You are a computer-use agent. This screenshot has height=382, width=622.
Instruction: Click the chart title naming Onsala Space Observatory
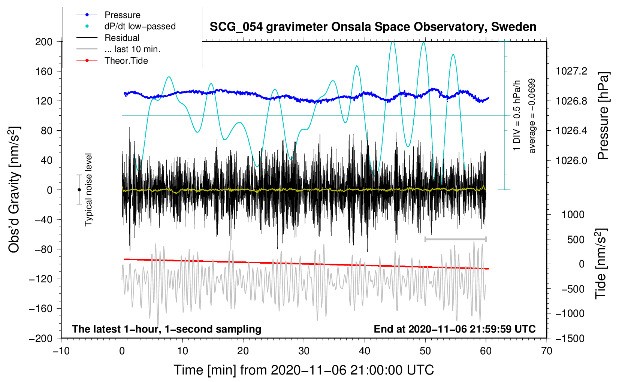(x=373, y=27)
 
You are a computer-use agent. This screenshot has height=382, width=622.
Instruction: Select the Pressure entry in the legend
(x=122, y=15)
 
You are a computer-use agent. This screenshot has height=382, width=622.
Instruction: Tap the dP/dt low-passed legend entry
(x=140, y=26)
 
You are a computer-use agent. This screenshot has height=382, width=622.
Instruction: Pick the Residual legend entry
(x=122, y=38)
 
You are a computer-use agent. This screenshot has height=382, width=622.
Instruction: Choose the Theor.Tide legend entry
(x=126, y=61)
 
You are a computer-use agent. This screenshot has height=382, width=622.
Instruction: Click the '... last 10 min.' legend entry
(x=132, y=49)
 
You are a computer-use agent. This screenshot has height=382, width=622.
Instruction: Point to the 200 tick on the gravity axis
(x=44, y=42)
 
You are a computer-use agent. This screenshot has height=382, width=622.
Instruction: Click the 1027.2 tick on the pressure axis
(x=571, y=71)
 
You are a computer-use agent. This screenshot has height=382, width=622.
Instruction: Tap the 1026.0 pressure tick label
(x=571, y=160)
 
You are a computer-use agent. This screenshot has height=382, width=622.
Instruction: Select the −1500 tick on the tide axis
(x=570, y=338)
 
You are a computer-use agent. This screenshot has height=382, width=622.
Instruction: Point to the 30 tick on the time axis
(x=304, y=351)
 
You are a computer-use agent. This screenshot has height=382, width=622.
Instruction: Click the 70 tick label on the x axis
(x=547, y=351)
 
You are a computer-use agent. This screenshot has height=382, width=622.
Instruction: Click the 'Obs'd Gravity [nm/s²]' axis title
(x=14, y=190)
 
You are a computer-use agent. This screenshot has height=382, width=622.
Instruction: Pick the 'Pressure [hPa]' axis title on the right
(x=603, y=116)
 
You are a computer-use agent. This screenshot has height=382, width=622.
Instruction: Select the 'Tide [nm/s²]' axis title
(x=601, y=264)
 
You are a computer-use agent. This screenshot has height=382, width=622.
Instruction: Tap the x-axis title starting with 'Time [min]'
(x=304, y=370)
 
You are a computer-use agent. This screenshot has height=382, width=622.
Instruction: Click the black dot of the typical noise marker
(x=79, y=190)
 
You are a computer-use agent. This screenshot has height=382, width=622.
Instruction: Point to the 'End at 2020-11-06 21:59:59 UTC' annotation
(x=455, y=329)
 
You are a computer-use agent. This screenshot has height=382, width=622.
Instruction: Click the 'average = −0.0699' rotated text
(x=532, y=116)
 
